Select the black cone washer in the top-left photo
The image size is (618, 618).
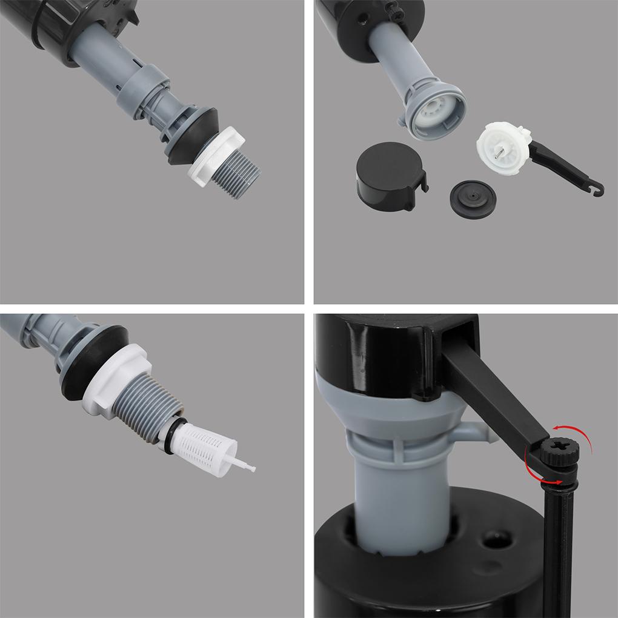(188, 136)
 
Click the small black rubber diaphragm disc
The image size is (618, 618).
(473, 199)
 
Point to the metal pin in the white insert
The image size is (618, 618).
(498, 154)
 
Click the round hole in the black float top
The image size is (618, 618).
(496, 539)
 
